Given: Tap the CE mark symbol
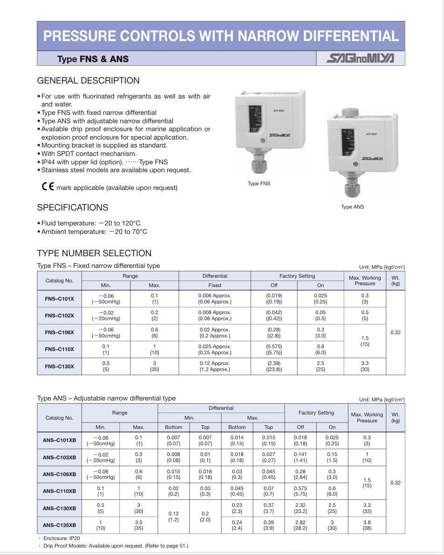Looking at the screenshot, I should click(x=48, y=187).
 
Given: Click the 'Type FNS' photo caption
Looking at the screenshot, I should click(x=259, y=183).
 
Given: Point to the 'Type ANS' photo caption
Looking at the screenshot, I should click(x=352, y=207).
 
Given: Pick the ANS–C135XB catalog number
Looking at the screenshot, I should click(x=59, y=525).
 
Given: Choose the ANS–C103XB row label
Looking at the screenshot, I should click(x=59, y=457).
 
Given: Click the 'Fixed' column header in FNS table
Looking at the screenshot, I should click(x=215, y=285).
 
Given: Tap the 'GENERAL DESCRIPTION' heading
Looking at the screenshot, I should click(x=88, y=81).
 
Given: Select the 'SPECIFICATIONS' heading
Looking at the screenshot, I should click(x=72, y=208).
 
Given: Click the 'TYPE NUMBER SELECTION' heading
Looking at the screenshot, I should click(x=94, y=253).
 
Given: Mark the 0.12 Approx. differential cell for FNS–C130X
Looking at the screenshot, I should click(x=215, y=366).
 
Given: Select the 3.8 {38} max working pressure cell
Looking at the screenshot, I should click(x=367, y=525).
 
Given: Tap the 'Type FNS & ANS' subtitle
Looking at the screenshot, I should click(x=93, y=59).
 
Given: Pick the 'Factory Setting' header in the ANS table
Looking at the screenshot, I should click(x=316, y=413).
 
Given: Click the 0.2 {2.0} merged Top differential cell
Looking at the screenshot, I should click(x=205, y=517).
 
